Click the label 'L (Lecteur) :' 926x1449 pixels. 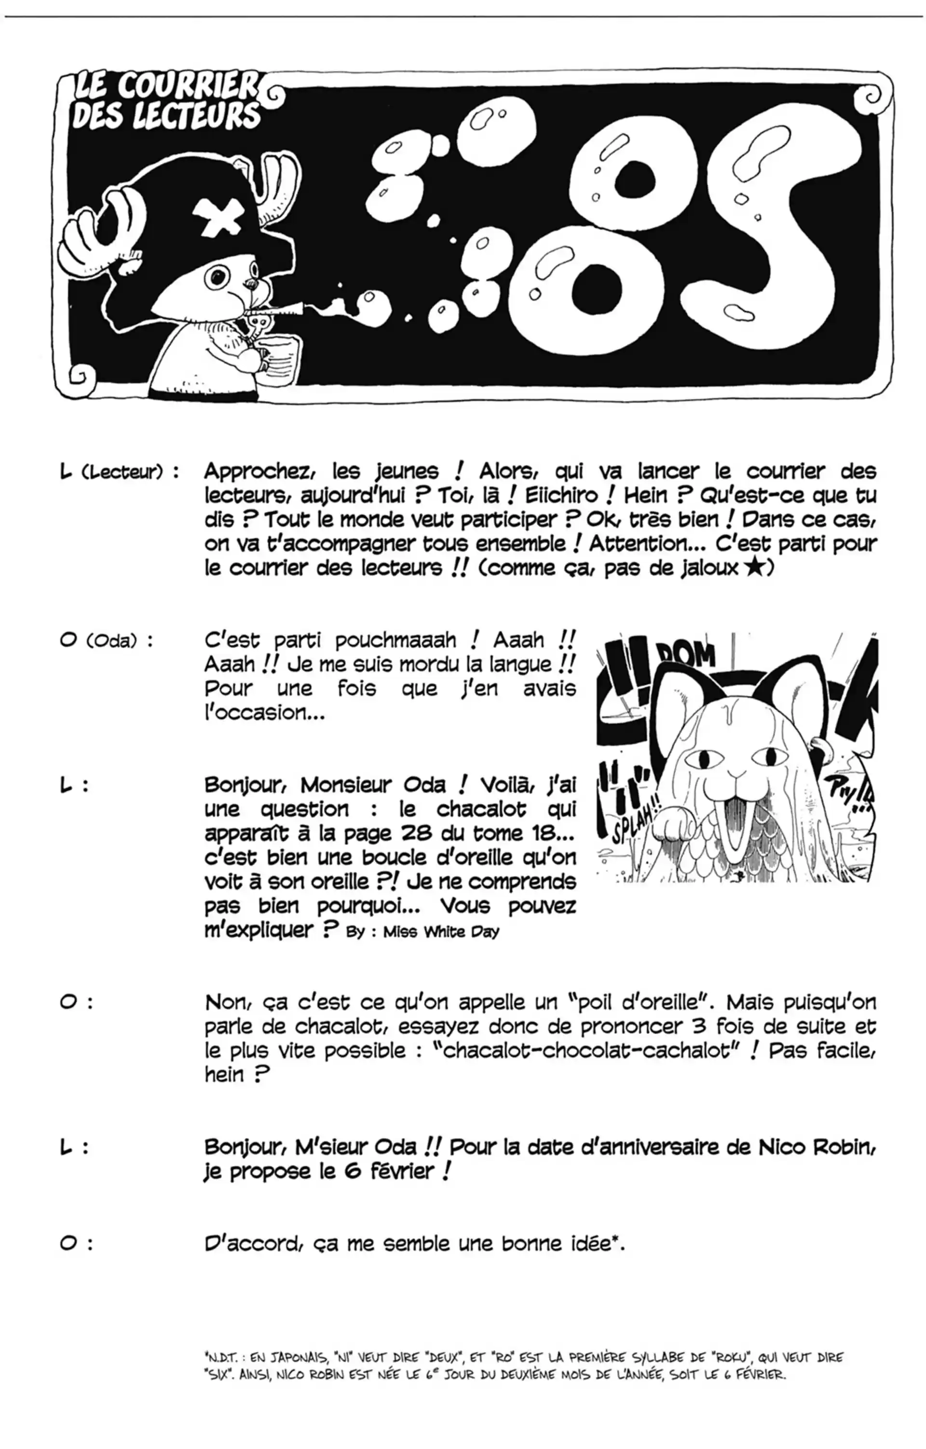pos(119,472)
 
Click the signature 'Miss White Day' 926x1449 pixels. pos(441,932)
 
